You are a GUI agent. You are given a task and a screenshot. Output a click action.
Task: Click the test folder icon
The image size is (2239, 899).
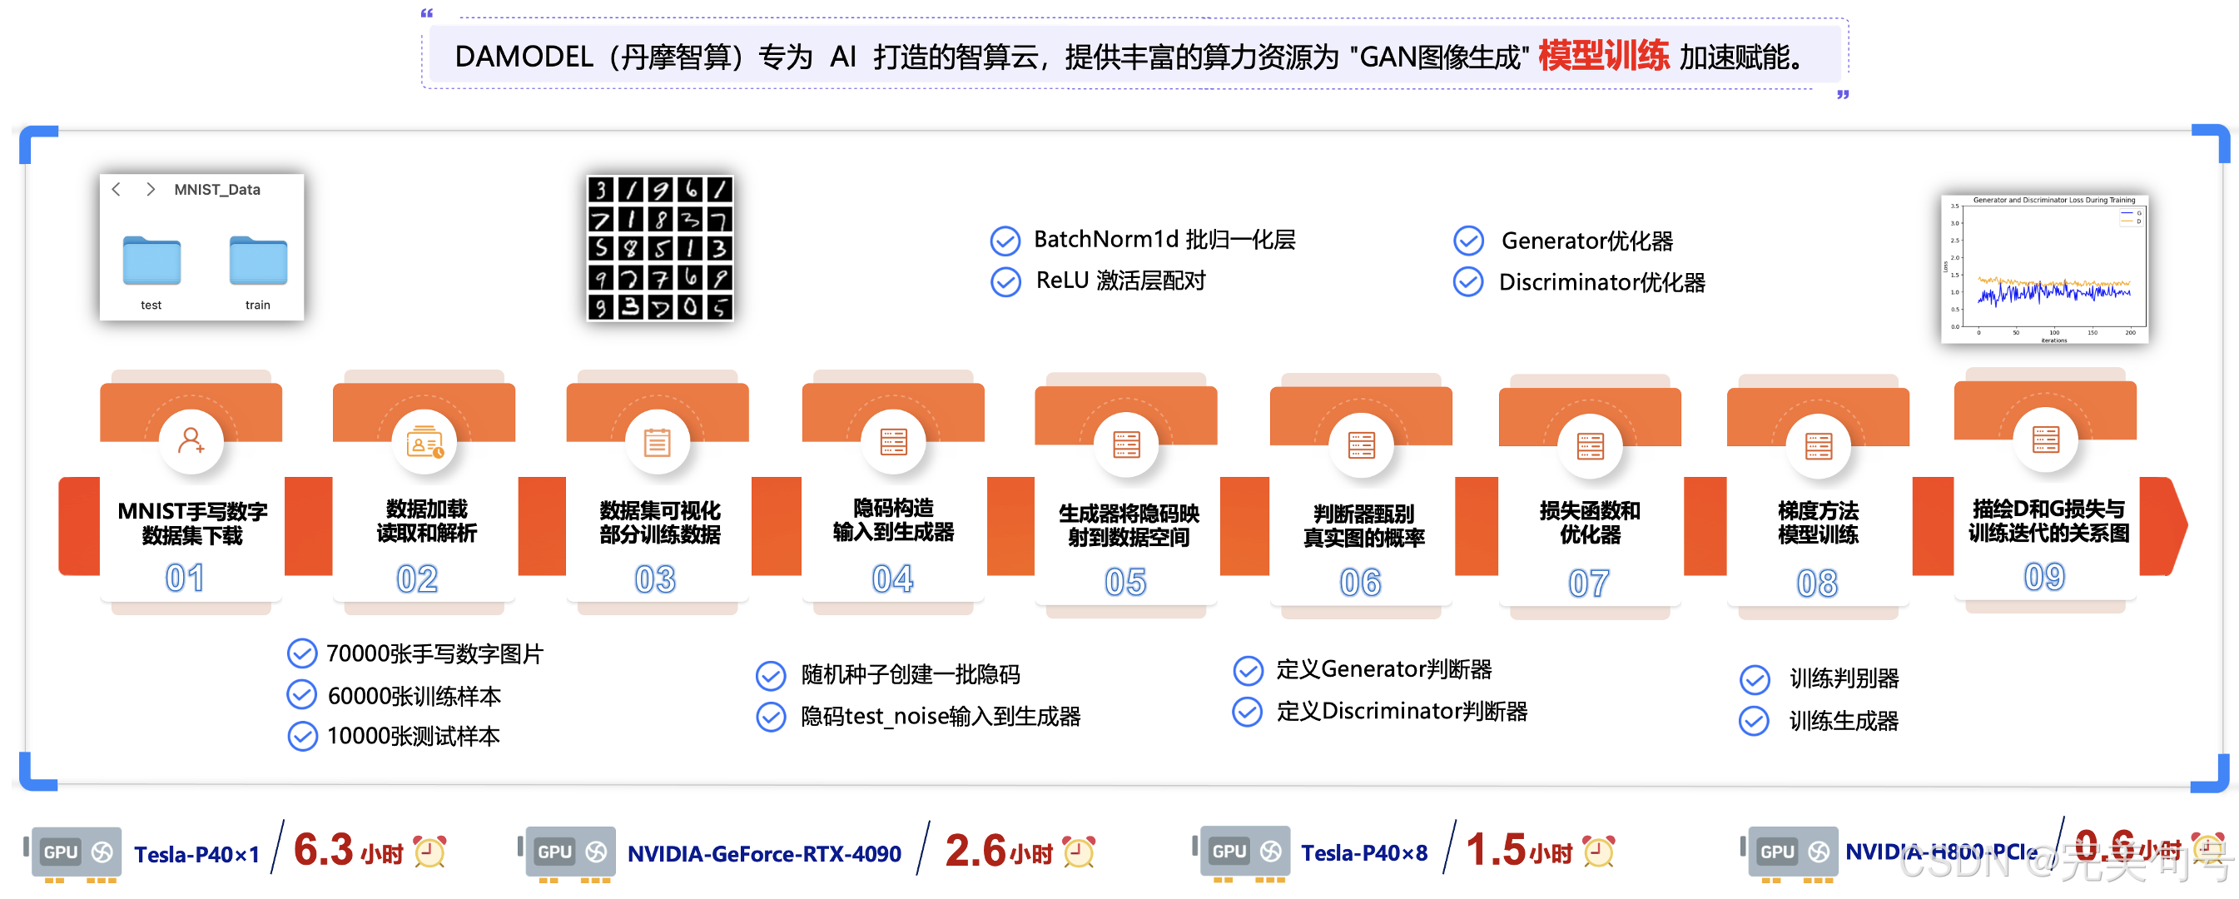point(151,261)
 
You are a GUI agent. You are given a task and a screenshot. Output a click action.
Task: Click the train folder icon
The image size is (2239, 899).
point(258,261)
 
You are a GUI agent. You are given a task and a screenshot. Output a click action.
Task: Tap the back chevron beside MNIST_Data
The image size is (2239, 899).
point(117,189)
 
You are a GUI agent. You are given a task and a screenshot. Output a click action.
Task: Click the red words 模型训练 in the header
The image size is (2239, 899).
point(1603,56)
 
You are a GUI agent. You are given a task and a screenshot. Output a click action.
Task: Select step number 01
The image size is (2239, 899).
point(185,579)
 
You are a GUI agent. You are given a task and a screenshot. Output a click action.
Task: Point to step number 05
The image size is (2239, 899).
point(1125,582)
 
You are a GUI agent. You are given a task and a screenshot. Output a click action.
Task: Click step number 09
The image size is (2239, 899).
point(2043,576)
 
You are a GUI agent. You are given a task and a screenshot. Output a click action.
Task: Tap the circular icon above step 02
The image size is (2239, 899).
point(425,443)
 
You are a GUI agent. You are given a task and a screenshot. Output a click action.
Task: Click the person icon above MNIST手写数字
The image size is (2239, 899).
point(191,441)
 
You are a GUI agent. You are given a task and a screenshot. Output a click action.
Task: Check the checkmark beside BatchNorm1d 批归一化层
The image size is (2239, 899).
point(1005,241)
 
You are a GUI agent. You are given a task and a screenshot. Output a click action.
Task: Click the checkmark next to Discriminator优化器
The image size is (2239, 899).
point(1468,282)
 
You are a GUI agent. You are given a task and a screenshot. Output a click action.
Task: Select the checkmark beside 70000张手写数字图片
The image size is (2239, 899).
point(301,653)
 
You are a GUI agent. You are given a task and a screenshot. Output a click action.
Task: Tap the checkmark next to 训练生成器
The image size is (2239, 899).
point(1754,721)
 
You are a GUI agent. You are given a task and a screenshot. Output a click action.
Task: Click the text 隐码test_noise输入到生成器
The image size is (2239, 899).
point(941,717)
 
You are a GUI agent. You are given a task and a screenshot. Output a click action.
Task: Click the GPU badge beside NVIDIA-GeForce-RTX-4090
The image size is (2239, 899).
point(570,852)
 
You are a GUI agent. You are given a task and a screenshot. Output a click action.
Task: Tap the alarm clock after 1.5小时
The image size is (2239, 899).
point(1598,852)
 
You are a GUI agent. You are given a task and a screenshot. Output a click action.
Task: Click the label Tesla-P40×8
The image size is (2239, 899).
point(1363,853)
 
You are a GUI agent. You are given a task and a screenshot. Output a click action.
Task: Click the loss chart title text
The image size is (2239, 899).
point(2054,200)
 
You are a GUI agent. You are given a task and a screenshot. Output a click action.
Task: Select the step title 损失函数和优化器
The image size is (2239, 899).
point(1590,523)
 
